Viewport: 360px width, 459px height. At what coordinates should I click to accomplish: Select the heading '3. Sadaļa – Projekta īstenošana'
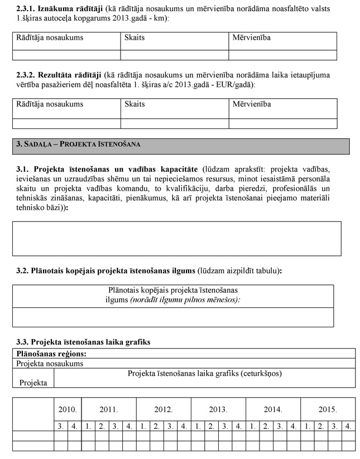[78, 144]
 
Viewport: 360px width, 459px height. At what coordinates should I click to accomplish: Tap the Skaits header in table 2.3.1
[135, 37]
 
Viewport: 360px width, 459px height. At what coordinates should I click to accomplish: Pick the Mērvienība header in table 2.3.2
[252, 104]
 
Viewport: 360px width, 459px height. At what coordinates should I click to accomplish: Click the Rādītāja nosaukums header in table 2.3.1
[50, 37]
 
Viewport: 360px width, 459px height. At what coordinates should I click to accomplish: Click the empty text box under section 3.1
[176, 238]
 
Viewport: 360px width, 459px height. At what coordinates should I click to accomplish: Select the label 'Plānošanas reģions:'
[51, 353]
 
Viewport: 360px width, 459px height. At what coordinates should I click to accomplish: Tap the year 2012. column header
[163, 409]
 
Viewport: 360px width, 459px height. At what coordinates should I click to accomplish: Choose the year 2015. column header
[328, 409]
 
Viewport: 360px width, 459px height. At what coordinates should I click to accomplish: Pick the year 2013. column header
[218, 409]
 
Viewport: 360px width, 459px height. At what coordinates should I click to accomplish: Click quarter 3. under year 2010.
[60, 427]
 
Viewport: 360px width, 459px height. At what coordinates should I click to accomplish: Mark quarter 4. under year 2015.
[348, 427]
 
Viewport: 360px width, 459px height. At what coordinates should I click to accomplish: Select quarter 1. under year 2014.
[252, 427]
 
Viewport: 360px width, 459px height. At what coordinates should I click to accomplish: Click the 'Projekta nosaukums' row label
[50, 363]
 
